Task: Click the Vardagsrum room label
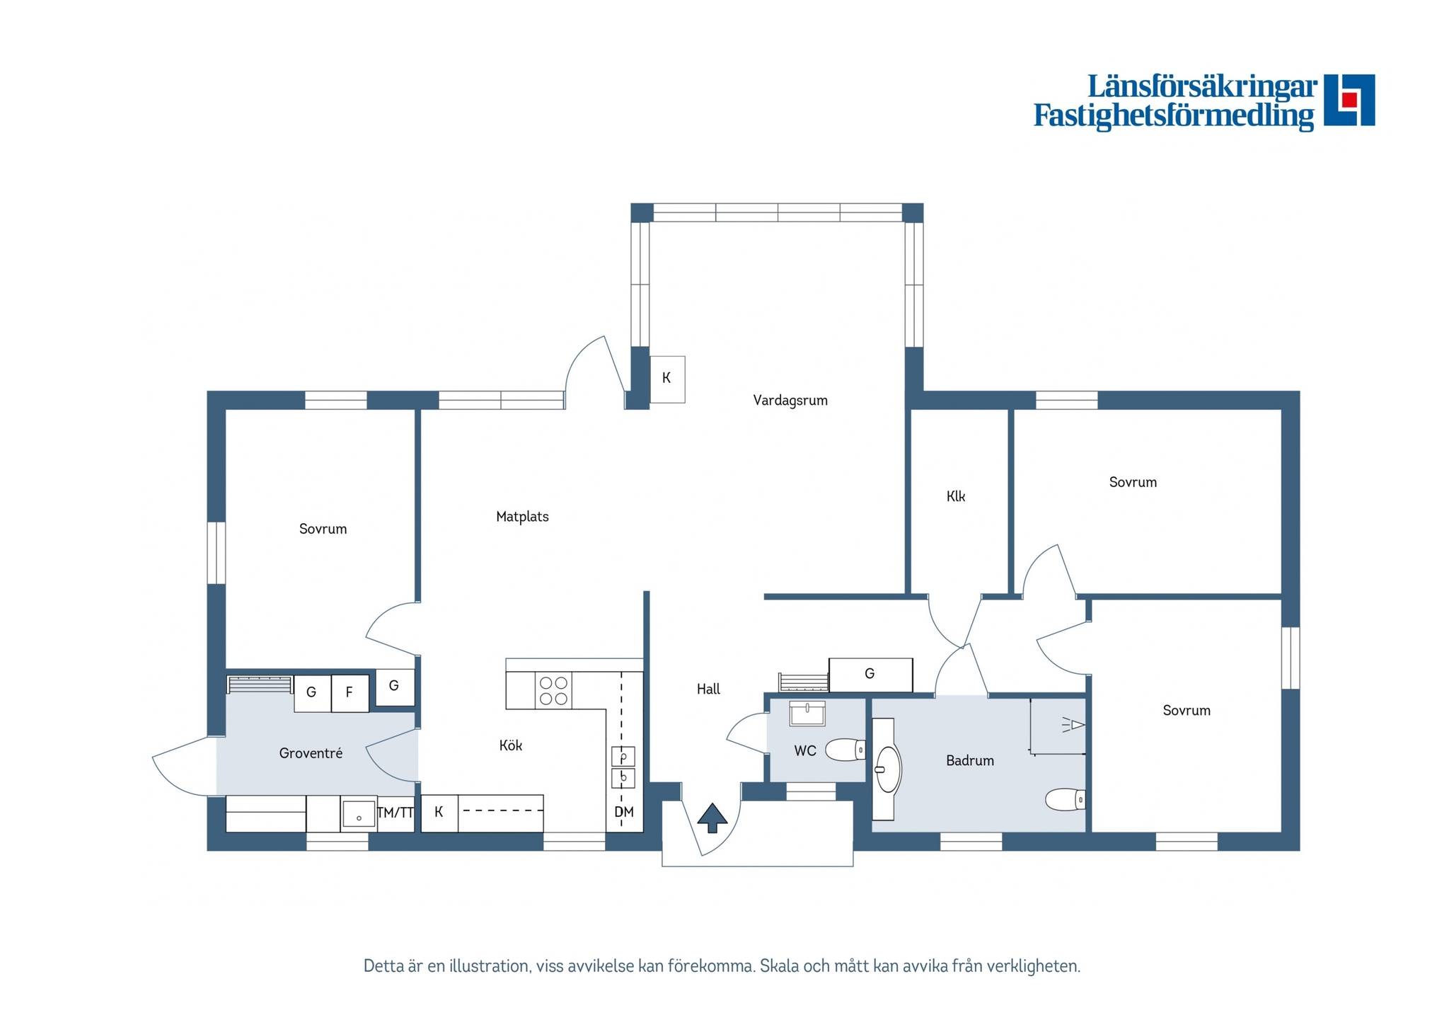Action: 790,401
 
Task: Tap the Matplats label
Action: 522,517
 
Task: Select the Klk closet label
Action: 956,496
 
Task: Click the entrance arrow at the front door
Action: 712,818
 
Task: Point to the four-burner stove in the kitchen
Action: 553,691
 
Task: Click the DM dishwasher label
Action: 624,812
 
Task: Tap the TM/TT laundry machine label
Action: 396,813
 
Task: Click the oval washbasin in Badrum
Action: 887,769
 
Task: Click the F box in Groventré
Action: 350,693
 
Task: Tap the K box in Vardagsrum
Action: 666,379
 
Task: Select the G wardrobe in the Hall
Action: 870,675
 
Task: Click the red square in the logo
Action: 1349,100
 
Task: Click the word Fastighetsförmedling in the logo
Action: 1174,116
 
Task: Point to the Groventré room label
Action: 311,753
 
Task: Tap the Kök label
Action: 511,745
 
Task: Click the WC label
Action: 805,751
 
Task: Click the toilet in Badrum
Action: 1066,800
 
